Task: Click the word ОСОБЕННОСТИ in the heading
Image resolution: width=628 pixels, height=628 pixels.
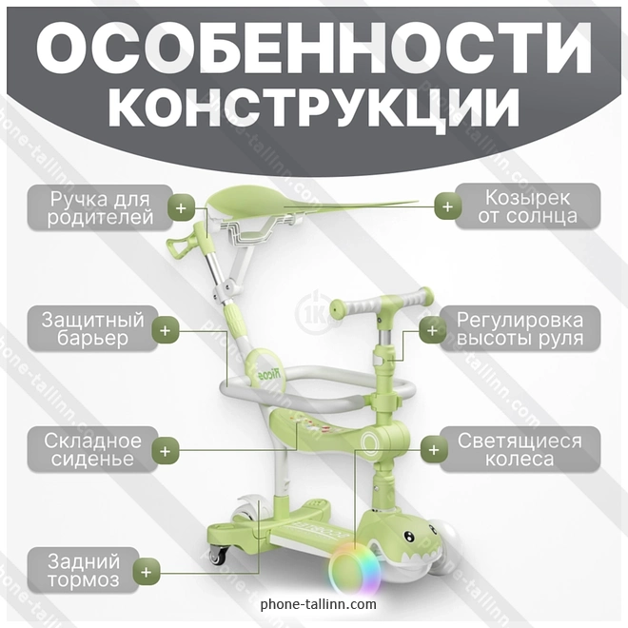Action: pyautogui.click(x=314, y=48)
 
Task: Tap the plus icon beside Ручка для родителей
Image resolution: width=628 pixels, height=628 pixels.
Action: pyautogui.click(x=181, y=207)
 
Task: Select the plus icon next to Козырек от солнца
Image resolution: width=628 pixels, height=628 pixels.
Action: pyautogui.click(x=448, y=206)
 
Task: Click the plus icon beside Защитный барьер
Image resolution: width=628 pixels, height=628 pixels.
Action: pyautogui.click(x=165, y=330)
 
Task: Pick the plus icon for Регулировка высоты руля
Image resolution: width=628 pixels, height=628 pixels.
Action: pyautogui.click(x=433, y=330)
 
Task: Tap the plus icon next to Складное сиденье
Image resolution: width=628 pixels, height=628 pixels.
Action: pyautogui.click(x=165, y=451)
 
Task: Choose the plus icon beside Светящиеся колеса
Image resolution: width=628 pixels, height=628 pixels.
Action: pyautogui.click(x=434, y=450)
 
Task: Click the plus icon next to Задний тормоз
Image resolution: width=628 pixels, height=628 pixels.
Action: pyautogui.click(x=147, y=572)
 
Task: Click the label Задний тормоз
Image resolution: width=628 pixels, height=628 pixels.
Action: pyautogui.click(x=84, y=570)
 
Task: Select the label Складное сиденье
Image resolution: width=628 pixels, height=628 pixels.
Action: pyautogui.click(x=92, y=449)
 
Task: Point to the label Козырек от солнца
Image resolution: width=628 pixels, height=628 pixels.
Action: pyautogui.click(x=527, y=206)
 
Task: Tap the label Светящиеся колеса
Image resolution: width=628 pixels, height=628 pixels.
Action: pyautogui.click(x=520, y=449)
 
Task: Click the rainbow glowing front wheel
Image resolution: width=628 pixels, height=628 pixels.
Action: pyautogui.click(x=349, y=569)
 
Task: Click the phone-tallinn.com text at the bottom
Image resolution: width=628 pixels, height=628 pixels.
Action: pyautogui.click(x=319, y=604)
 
